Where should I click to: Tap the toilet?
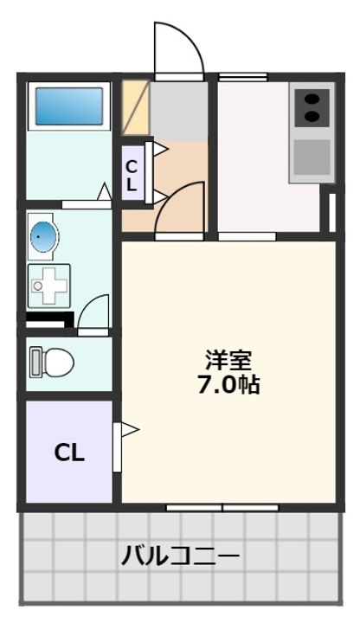(x=53, y=362)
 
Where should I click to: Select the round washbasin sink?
(x=42, y=235)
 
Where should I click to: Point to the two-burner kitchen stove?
(x=312, y=108)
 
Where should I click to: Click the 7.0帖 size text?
(x=228, y=384)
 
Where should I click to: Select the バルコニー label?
(x=180, y=555)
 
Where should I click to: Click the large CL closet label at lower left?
(x=68, y=452)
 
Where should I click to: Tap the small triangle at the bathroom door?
(x=104, y=192)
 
